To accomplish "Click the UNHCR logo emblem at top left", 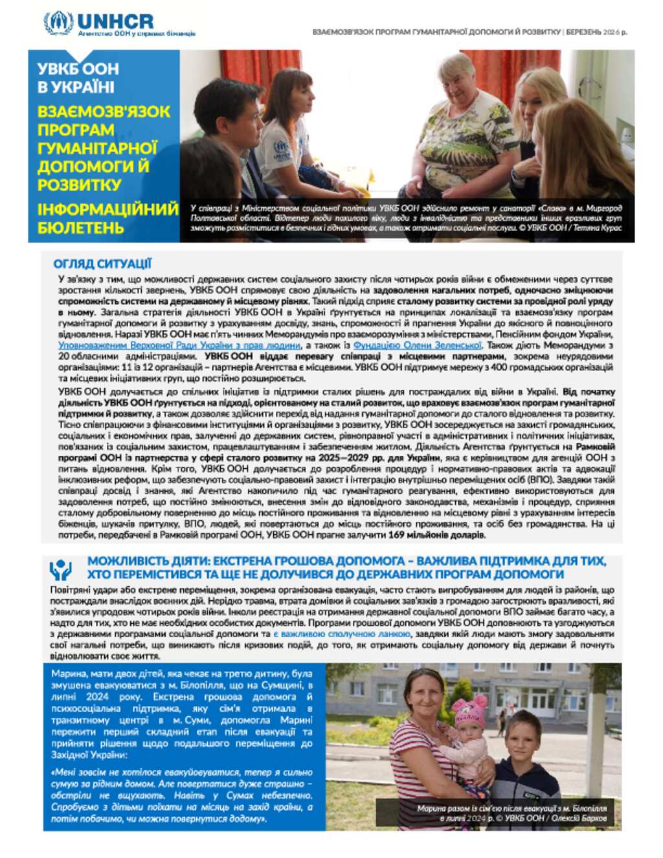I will coord(58,23).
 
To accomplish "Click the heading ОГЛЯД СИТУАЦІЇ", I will coord(102,264).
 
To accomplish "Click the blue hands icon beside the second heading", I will coord(60,569).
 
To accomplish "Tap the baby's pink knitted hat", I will coord(471,710).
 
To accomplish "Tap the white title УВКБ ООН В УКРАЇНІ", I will coord(78,78).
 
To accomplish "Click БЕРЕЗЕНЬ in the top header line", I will coord(583,32).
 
